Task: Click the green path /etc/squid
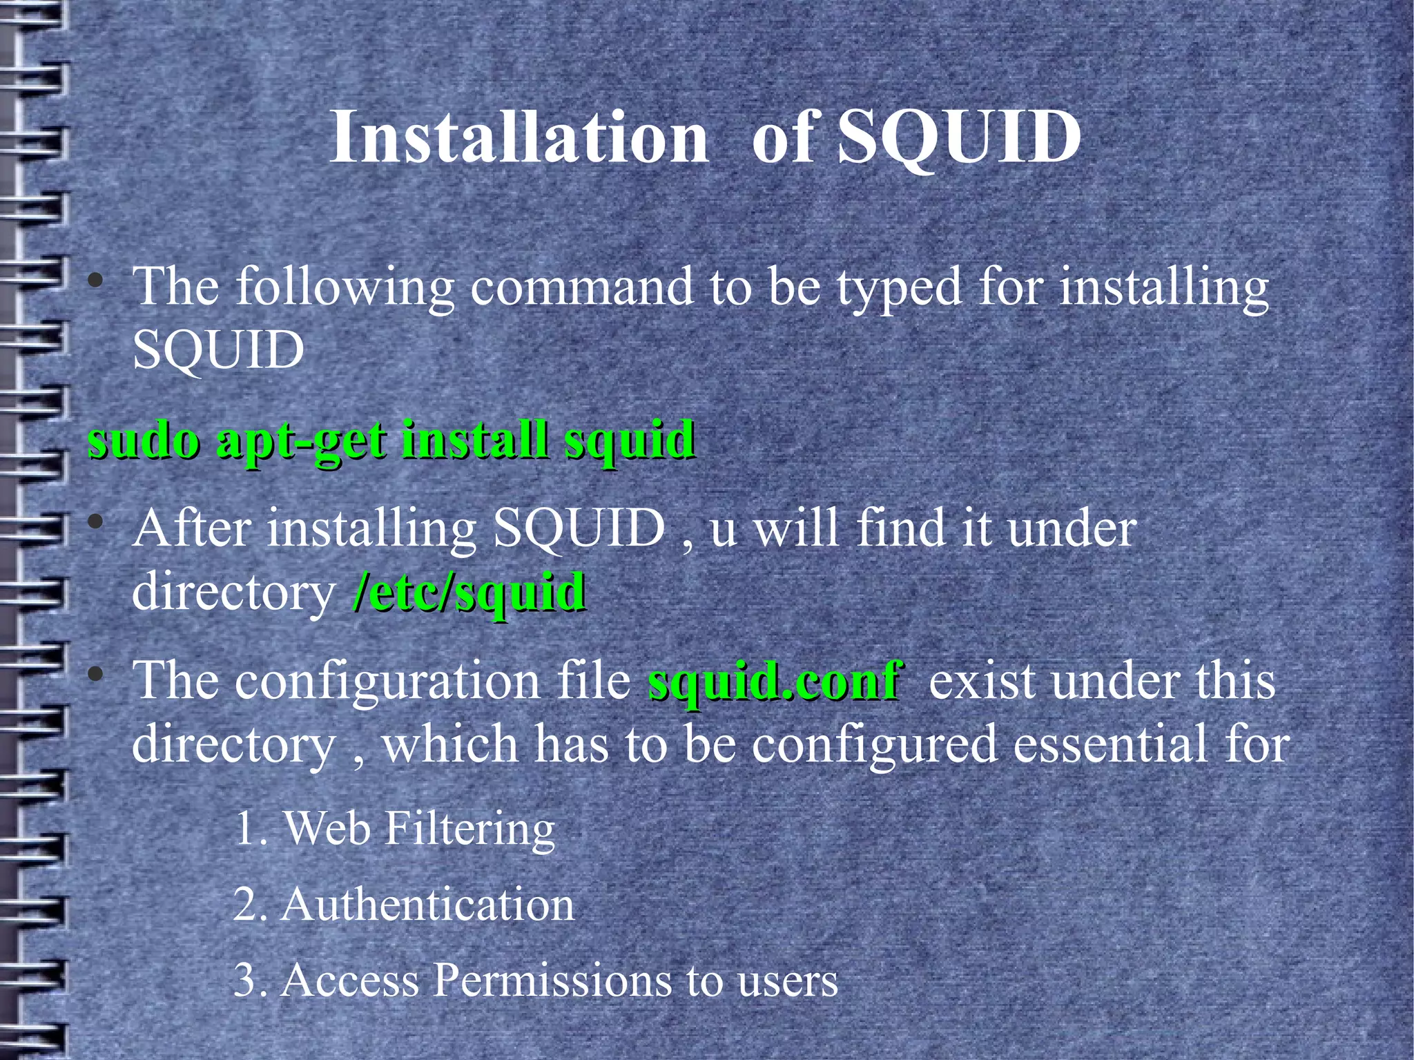469,592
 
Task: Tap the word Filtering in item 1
469,829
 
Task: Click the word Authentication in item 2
427,905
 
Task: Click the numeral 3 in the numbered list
245,980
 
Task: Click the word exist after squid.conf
981,681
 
